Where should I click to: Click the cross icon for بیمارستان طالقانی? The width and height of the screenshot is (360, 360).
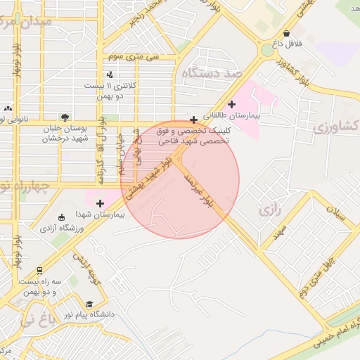(231, 104)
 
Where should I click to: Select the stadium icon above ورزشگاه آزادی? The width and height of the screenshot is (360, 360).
(62, 217)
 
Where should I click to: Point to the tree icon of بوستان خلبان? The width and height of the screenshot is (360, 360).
(65, 117)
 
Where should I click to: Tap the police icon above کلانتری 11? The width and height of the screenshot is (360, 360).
(108, 74)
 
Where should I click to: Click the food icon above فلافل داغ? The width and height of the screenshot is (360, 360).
(286, 33)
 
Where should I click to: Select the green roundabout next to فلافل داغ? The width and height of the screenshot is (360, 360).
(267, 50)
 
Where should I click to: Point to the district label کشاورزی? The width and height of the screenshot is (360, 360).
(335, 127)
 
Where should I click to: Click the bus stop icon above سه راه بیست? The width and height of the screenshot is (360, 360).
(39, 269)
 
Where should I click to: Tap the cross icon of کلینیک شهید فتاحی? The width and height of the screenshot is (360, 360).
(193, 120)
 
